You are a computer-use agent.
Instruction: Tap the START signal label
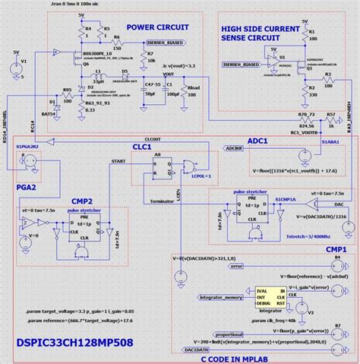tap(119, 162)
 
